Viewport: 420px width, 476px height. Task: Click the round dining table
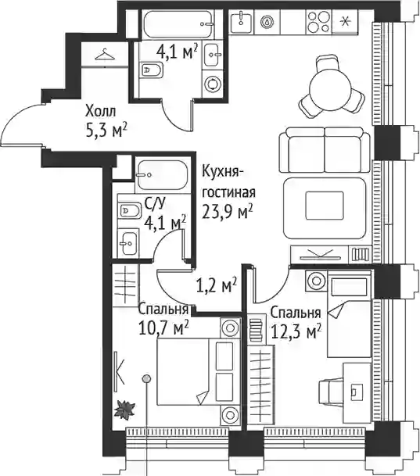coord(332,88)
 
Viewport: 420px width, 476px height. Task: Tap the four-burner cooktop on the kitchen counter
coord(318,21)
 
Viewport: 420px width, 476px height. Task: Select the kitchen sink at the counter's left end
coord(242,21)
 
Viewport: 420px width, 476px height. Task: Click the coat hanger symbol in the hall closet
coord(105,55)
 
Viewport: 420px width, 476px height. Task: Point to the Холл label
coord(101,111)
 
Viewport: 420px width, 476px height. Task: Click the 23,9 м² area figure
coord(228,212)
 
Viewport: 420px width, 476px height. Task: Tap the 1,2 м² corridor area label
coord(217,285)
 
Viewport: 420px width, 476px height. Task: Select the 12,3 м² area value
coord(296,332)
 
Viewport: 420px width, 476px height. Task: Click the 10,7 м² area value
coord(163,327)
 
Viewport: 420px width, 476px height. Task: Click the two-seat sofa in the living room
coord(325,150)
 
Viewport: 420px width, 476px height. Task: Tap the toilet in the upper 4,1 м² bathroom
coord(151,70)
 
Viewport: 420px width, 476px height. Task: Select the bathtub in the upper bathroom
coord(178,24)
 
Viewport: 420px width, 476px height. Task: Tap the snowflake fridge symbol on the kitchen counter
coord(345,22)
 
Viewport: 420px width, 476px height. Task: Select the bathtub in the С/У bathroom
coord(162,175)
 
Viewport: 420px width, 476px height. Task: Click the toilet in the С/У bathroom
coord(129,210)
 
